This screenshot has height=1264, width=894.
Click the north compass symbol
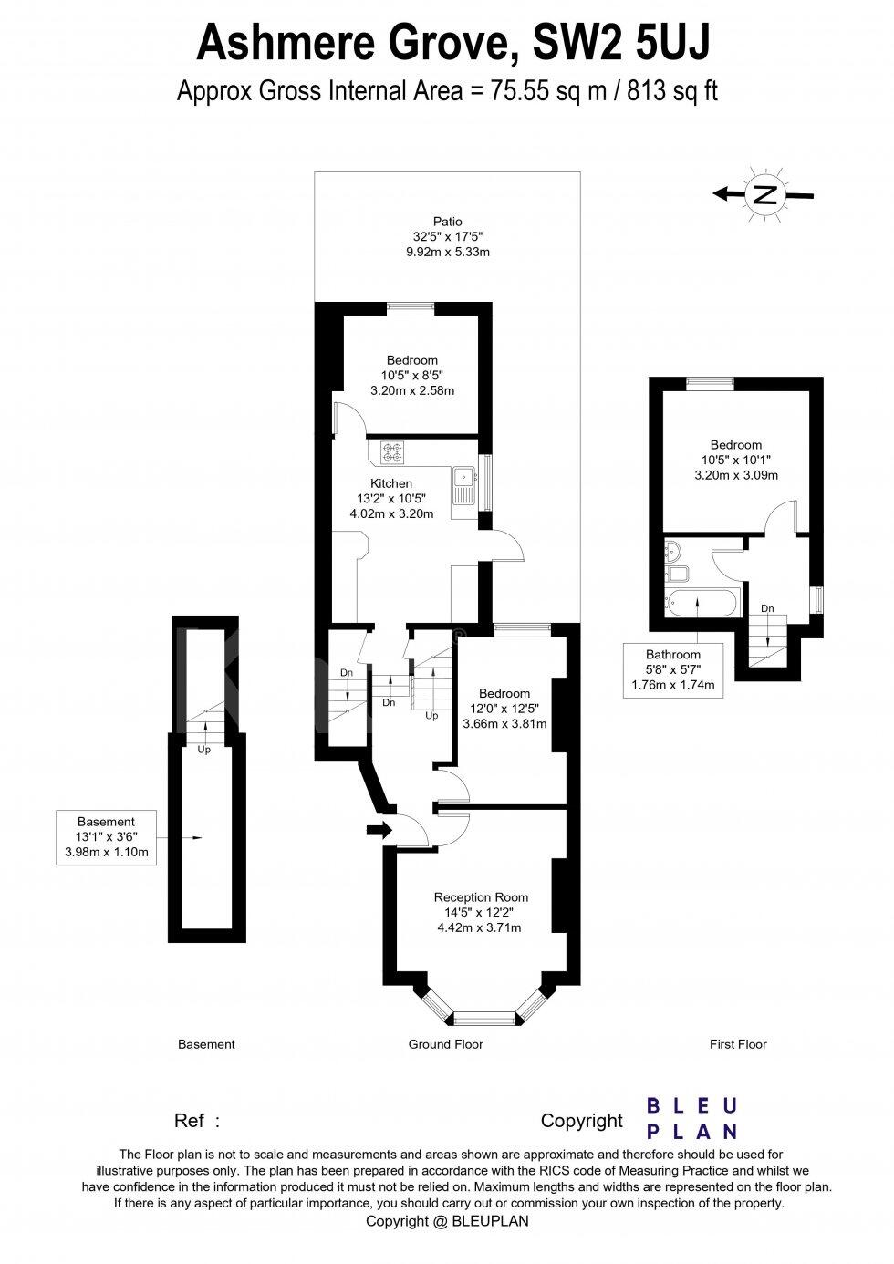[765, 193]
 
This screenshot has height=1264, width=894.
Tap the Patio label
[447, 222]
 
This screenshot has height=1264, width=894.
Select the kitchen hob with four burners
[393, 450]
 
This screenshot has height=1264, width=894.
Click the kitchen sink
[463, 477]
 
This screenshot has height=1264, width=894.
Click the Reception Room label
[481, 897]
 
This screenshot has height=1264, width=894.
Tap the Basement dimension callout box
[106, 836]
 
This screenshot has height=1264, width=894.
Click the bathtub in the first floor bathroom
[696, 602]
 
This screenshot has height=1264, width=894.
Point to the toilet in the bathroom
[678, 575]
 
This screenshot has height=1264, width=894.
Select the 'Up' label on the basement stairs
[204, 750]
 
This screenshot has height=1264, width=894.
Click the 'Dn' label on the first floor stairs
[767, 608]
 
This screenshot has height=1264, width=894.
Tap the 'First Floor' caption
[738, 1044]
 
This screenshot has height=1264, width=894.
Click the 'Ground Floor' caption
[445, 1044]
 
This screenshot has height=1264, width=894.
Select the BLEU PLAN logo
[691, 1118]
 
